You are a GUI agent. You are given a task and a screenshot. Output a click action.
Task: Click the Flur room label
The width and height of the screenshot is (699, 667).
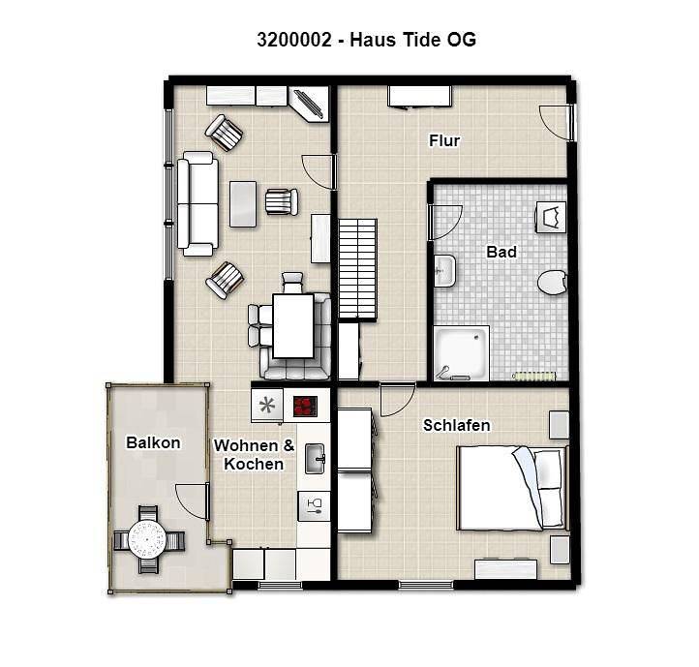(444, 141)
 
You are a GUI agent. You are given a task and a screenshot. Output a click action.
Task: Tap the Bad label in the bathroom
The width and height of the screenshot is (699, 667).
(501, 252)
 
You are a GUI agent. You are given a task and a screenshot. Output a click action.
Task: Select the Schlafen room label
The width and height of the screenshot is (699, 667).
(457, 425)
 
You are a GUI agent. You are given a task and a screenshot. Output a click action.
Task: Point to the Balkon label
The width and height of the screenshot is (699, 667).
(153, 442)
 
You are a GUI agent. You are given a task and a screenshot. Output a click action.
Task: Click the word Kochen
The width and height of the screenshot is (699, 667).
(254, 464)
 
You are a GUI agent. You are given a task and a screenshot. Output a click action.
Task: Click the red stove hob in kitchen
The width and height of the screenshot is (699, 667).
(305, 407)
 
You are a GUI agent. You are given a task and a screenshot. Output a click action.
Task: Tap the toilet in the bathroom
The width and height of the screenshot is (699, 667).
(552, 283)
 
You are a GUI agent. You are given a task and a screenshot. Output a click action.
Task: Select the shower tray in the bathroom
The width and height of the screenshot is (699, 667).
(462, 353)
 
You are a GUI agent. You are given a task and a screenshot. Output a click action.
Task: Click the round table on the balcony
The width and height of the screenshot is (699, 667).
(147, 539)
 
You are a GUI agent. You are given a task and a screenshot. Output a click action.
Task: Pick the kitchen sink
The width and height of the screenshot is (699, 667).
(316, 458)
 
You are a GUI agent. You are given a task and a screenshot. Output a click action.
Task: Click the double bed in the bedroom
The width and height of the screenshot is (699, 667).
(513, 488)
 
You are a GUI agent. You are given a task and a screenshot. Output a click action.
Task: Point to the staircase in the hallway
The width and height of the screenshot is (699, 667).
(358, 269)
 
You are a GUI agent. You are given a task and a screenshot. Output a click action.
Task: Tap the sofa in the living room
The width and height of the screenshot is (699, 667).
(198, 203)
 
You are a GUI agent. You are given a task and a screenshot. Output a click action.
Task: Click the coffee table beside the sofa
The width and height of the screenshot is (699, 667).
(243, 203)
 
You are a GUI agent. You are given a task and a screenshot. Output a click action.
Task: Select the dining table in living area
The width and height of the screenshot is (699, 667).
(293, 326)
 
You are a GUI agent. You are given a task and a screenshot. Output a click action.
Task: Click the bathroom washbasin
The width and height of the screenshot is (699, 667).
(445, 271)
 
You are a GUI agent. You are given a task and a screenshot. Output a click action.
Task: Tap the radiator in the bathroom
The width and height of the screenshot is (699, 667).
(534, 377)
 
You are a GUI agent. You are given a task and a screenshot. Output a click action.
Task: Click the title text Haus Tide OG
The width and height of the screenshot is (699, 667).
(412, 40)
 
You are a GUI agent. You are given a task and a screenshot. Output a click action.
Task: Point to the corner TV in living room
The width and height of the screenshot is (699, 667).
(309, 105)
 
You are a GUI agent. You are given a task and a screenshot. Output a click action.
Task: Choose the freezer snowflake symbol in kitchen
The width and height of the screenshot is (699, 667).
(267, 406)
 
